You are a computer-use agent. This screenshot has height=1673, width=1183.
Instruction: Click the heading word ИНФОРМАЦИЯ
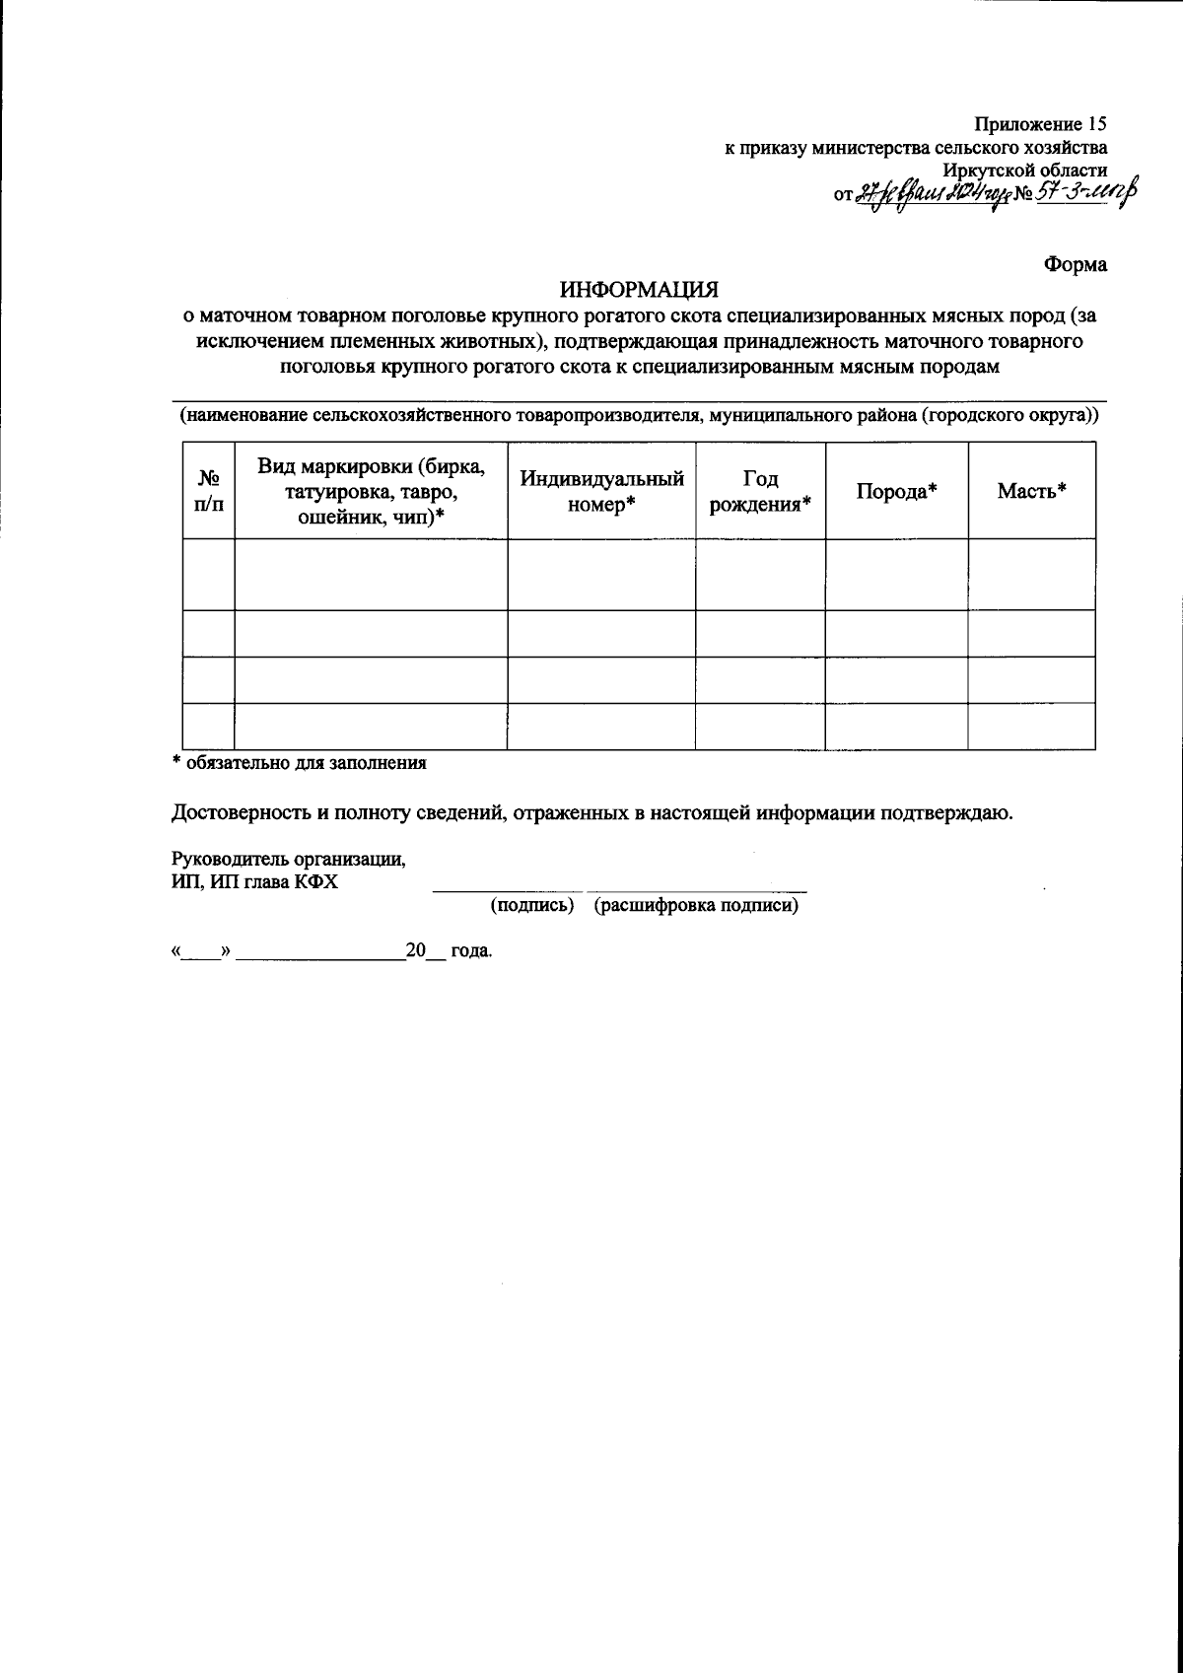click(x=640, y=291)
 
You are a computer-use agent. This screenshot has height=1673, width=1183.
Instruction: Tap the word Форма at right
click(x=1075, y=264)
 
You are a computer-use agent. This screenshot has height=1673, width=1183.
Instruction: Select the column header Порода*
click(x=895, y=491)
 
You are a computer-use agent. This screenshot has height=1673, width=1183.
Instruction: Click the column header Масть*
click(x=1032, y=491)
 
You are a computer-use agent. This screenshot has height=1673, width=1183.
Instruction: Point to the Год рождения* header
click(x=760, y=491)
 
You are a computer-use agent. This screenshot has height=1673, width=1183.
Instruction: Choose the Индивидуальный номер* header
click(x=601, y=491)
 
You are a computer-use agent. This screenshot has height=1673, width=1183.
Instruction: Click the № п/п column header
click(x=208, y=491)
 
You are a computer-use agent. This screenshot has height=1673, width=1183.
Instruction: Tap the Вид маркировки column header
click(x=371, y=491)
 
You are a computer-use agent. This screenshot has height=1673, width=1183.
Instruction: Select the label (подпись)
click(x=532, y=906)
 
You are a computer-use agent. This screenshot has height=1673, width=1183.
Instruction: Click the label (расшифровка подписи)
click(x=696, y=906)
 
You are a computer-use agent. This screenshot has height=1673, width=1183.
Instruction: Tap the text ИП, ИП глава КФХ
click(x=254, y=882)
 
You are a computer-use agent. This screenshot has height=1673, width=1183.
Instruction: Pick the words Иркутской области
click(x=1024, y=170)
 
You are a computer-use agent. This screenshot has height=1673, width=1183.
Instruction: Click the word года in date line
click(x=471, y=952)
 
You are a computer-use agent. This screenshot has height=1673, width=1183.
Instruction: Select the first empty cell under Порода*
click(x=896, y=574)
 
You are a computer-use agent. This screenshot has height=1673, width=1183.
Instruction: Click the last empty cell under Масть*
click(x=1031, y=726)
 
